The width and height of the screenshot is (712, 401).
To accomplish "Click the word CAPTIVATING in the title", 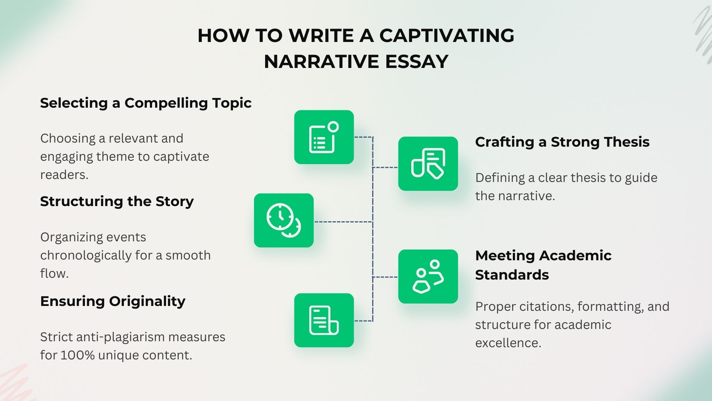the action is (446, 36).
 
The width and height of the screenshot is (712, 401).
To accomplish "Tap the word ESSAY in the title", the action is (416, 62).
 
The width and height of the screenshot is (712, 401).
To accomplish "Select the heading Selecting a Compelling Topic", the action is (146, 103).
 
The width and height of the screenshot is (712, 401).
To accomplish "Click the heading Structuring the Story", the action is (117, 202).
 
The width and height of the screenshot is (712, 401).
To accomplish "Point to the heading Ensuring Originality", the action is (113, 301).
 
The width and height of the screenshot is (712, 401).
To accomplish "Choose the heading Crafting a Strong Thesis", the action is (562, 142).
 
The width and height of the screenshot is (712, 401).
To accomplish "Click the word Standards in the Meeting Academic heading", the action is (512, 275).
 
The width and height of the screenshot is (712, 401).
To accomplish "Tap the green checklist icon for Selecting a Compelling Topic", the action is (324, 137).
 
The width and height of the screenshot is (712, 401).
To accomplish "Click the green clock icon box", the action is (284, 221).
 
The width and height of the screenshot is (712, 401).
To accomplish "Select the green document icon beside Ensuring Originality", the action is (324, 320).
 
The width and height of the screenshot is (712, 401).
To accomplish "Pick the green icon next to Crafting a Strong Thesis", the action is (428, 164).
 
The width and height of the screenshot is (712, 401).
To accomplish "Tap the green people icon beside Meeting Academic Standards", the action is (428, 277).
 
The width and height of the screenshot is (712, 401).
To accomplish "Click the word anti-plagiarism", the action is (120, 337).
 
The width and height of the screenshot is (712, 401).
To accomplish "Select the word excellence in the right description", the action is (508, 343).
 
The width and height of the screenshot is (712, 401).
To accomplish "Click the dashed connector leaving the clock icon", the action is (343, 222).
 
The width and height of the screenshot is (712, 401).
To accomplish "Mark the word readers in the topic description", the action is (64, 175).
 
